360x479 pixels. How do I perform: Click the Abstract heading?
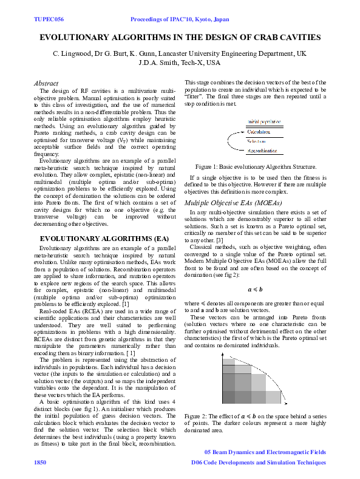coord(46,83)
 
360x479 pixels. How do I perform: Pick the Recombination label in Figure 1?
coord(263,150)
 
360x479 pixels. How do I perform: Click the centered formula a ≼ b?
coord(255,290)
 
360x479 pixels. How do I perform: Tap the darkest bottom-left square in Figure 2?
coord(228,397)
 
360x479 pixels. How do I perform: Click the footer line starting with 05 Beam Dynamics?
coord(265,452)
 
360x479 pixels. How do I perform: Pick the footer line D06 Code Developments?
coord(258,462)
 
